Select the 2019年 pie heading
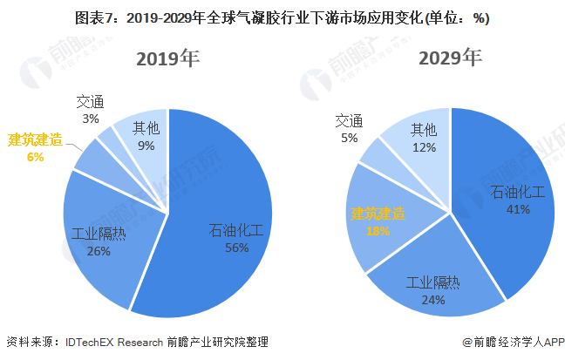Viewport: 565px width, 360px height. [x=167, y=59]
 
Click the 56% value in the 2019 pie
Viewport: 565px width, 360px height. [x=235, y=248]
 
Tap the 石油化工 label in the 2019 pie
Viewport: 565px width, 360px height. [x=235, y=231]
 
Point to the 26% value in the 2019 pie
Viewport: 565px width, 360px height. [x=99, y=251]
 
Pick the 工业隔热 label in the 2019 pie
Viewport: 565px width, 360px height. [x=99, y=234]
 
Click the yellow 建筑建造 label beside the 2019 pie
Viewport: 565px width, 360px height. [x=35, y=140]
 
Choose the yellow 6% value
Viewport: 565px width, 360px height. [x=35, y=157]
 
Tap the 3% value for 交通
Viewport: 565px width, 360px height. [x=91, y=119]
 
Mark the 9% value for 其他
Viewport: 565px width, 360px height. [x=145, y=146]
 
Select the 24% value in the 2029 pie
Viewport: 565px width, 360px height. [x=433, y=299]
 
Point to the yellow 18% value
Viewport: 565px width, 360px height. [x=377, y=231]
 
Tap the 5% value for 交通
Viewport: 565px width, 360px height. [x=349, y=138]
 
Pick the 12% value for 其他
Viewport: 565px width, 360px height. [x=424, y=147]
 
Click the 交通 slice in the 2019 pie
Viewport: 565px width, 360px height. [x=108, y=137]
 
